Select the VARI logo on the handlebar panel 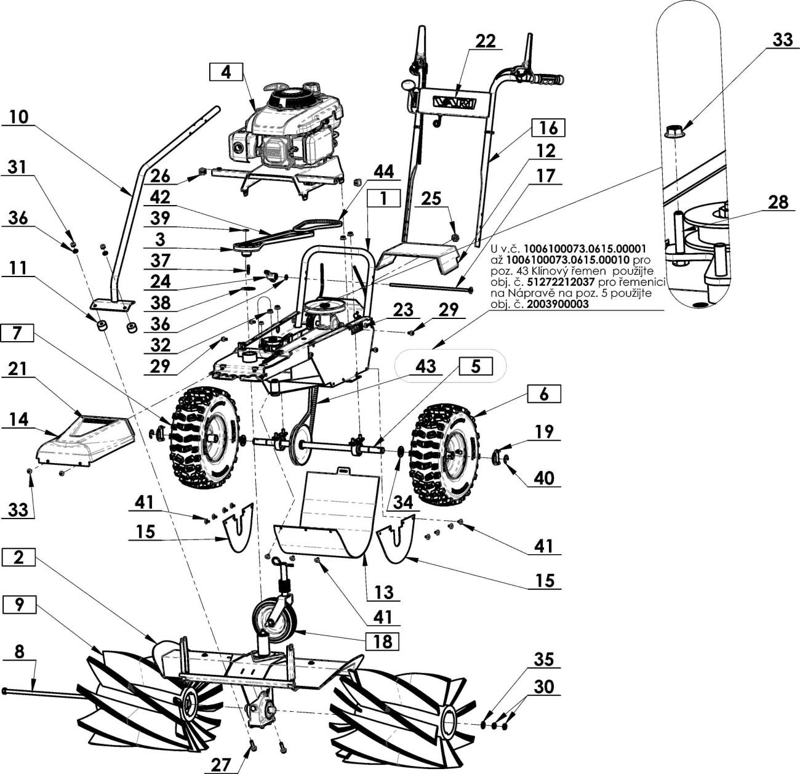pyautogui.click(x=455, y=102)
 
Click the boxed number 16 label pyautogui.click(x=548, y=128)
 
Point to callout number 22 pyautogui.click(x=486, y=41)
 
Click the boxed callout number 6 pyautogui.click(x=544, y=394)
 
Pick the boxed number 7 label pyautogui.click(x=17, y=333)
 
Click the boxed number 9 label pyautogui.click(x=19, y=605)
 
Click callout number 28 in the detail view pyautogui.click(x=778, y=203)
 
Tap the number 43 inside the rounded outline pyautogui.click(x=425, y=366)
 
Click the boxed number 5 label pyautogui.click(x=476, y=366)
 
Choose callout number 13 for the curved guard pyautogui.click(x=384, y=592)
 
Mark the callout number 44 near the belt pyautogui.click(x=383, y=171)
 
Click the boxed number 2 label pyautogui.click(x=18, y=557)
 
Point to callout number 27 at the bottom pyautogui.click(x=221, y=765)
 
